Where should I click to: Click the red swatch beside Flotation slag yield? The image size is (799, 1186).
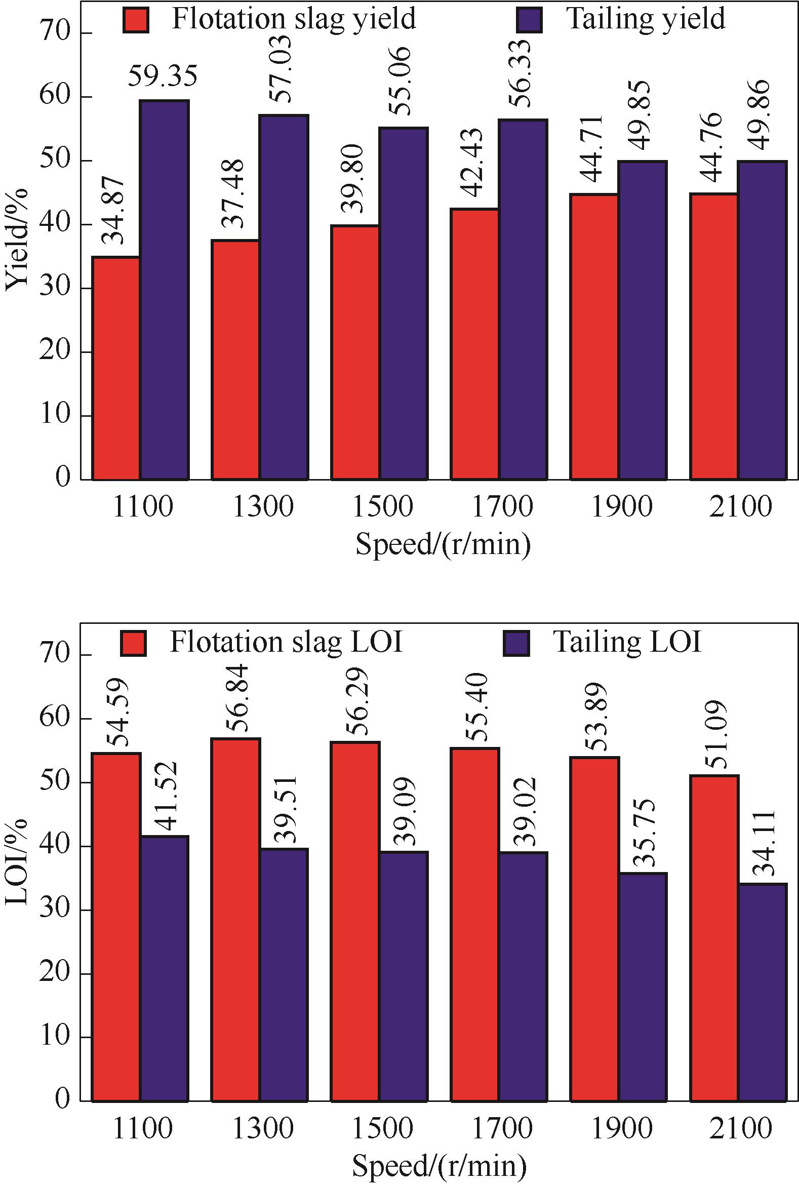(136, 20)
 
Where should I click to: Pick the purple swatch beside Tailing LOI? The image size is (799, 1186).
(516, 643)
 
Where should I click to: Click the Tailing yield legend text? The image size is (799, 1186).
(645, 19)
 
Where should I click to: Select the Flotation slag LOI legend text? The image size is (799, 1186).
(286, 642)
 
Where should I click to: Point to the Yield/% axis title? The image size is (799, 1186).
(16, 240)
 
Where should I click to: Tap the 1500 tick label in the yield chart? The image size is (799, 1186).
(382, 507)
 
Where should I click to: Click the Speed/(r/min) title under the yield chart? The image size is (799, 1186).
(443, 545)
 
